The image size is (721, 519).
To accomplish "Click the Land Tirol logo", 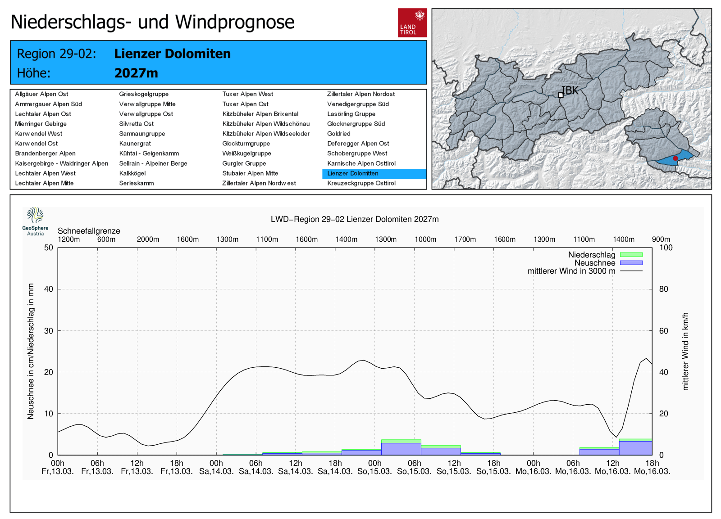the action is (412, 23).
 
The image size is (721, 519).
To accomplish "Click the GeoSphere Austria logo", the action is (35, 221).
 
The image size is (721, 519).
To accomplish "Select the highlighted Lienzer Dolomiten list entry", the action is (374, 174).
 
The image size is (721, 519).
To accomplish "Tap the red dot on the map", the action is (675, 158).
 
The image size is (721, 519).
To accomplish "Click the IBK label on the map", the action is (570, 90).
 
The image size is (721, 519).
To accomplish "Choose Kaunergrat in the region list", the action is (135, 144).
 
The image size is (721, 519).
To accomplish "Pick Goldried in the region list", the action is (338, 133).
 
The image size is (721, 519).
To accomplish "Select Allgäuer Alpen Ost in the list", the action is (41, 94).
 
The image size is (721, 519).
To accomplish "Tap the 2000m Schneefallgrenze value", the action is (148, 239).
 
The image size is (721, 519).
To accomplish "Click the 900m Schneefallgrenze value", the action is (661, 239).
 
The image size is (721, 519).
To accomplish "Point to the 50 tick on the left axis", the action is (49, 248).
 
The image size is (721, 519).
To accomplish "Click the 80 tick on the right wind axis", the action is (664, 289).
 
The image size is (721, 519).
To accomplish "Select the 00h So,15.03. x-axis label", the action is (374, 467).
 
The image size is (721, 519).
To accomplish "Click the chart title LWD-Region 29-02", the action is (354, 219).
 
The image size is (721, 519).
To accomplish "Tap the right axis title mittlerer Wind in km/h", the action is (685, 351).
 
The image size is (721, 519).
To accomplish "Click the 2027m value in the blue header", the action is (136, 73).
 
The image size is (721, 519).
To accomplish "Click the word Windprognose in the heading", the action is (235, 22).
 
